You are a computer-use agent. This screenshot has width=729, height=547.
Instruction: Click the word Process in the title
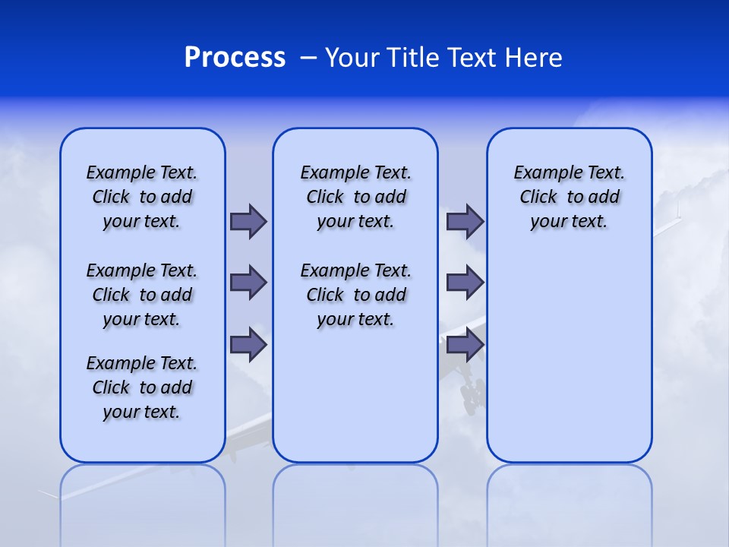(235, 58)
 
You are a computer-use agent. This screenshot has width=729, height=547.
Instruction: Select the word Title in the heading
(415, 58)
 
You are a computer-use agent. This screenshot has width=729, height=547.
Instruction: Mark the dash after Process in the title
(308, 58)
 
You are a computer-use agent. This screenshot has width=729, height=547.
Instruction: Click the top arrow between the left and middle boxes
(248, 221)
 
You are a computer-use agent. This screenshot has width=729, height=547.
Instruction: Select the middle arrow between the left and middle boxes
(248, 283)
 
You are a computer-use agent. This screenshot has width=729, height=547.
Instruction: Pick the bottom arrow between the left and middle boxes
(248, 344)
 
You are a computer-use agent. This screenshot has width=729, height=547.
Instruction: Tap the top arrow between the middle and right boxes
(465, 221)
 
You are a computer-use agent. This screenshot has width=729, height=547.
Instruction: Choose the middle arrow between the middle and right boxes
(465, 283)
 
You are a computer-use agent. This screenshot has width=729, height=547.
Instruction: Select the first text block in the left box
(142, 197)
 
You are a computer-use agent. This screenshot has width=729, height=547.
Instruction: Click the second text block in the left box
(142, 295)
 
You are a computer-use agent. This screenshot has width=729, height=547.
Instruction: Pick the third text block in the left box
(142, 387)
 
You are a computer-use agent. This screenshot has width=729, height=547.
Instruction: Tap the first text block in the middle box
(355, 197)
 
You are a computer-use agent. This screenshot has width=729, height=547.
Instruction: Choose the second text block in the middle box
(355, 295)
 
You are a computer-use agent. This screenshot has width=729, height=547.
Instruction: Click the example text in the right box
(569, 197)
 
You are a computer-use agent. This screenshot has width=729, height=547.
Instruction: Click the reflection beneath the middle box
(355, 501)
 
